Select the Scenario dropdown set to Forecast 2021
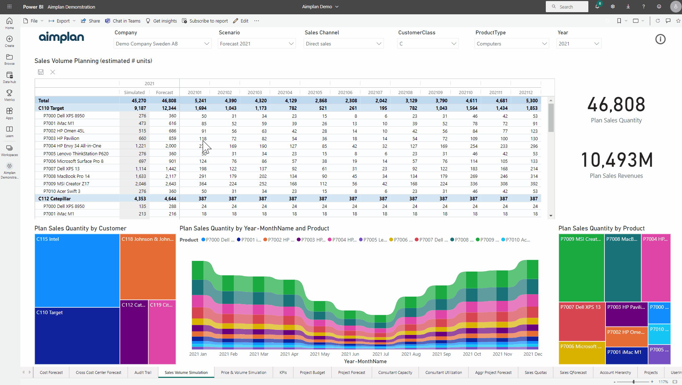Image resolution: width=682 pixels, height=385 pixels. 256,44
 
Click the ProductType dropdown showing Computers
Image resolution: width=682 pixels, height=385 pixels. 511,44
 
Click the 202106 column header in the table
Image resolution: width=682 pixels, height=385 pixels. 345,92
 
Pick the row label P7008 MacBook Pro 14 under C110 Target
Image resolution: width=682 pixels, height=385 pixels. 66,176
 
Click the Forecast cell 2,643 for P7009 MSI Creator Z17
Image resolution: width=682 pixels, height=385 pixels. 170,184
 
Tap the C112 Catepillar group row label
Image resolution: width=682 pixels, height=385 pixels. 55,199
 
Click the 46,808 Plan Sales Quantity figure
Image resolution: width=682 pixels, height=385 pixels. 616,105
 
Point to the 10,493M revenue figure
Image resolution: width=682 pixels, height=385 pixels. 616,160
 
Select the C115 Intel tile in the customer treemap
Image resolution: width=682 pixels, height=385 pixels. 77,270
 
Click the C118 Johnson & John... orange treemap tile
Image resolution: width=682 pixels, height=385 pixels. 148,267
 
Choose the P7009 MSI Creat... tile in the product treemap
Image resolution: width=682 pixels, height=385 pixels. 581,268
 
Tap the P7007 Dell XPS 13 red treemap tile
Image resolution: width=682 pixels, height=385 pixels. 582,321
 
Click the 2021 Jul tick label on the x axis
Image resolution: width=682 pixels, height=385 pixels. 380,354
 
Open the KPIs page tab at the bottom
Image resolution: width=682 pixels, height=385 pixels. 283,372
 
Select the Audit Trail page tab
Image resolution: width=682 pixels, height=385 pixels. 143,372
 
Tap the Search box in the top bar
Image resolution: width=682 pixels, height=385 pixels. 567,7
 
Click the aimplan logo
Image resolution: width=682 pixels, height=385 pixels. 61,37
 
